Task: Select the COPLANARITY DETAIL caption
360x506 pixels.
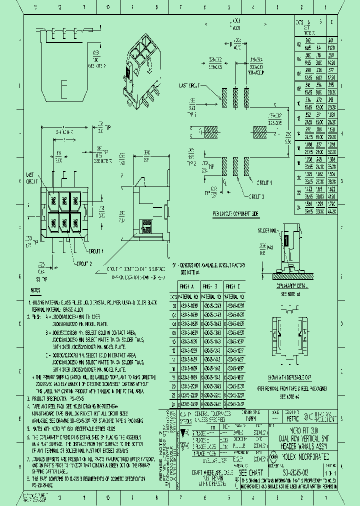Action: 291,286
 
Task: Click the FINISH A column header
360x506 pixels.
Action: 188,286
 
